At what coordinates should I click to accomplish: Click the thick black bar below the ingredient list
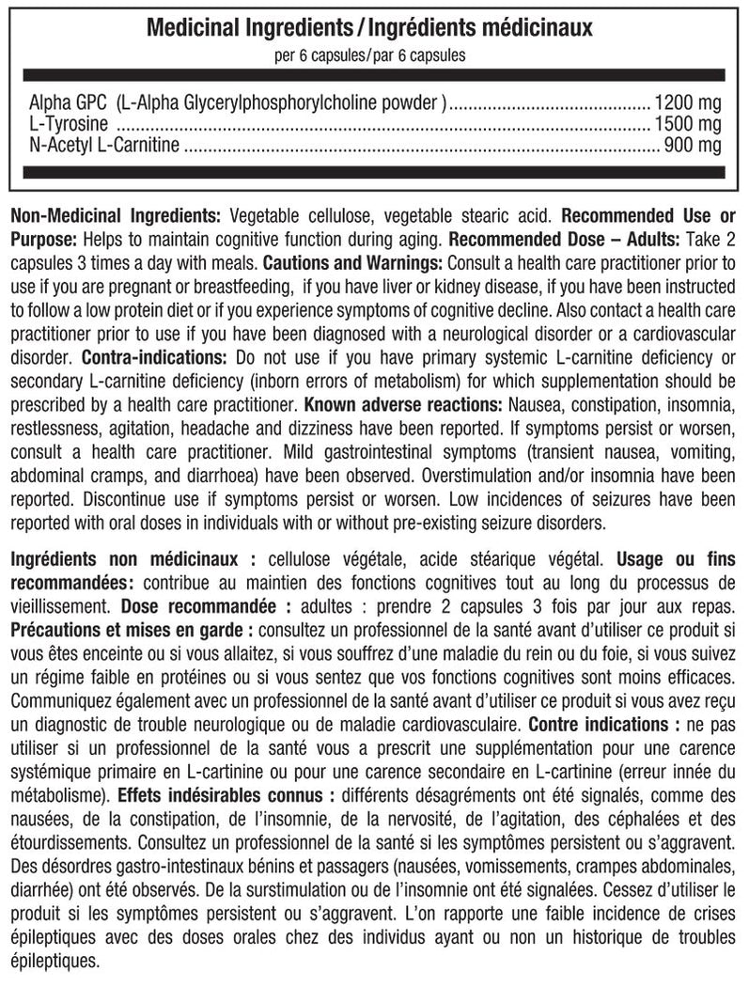[374, 171]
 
